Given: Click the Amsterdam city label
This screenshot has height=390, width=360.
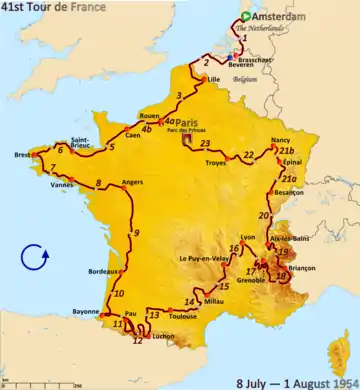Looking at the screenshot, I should click(279, 18).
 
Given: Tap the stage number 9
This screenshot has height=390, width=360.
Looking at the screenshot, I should click(136, 233).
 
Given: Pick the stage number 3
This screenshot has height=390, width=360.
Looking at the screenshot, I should click(178, 96).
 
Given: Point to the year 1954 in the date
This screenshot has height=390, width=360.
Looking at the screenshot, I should click(336, 382).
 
